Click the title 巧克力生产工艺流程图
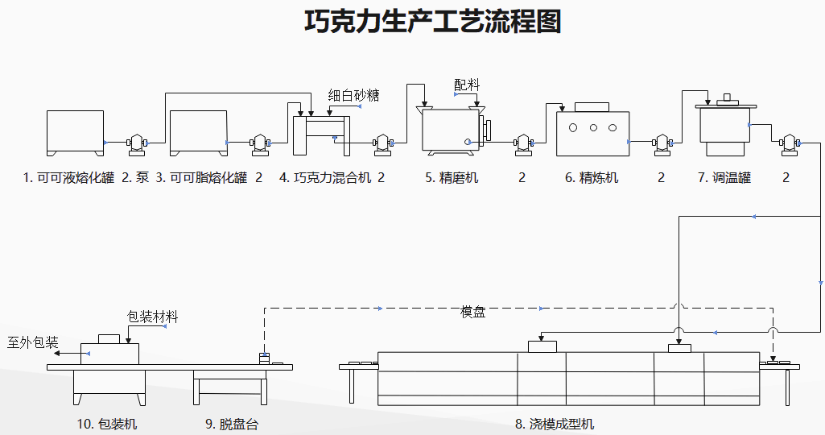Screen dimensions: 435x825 tap(432, 22)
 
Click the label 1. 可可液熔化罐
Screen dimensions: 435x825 tap(68, 178)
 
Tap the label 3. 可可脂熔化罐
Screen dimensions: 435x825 tap(201, 178)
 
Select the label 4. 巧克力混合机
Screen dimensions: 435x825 tap(325, 178)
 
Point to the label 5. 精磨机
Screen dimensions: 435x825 tap(452, 178)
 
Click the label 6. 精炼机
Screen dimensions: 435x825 tap(592, 178)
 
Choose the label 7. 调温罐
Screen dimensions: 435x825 tap(724, 178)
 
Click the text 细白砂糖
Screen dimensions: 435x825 tap(353, 95)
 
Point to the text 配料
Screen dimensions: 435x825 tap(466, 85)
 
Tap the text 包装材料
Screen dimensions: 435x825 tap(153, 317)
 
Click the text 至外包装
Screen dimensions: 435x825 tap(33, 342)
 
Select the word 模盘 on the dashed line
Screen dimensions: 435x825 tap(472, 312)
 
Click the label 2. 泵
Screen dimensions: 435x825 tap(135, 178)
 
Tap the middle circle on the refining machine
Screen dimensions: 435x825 tap(593, 127)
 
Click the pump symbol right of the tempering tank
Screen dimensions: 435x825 tap(787, 143)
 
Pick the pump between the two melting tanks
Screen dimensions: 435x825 tap(135, 143)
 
